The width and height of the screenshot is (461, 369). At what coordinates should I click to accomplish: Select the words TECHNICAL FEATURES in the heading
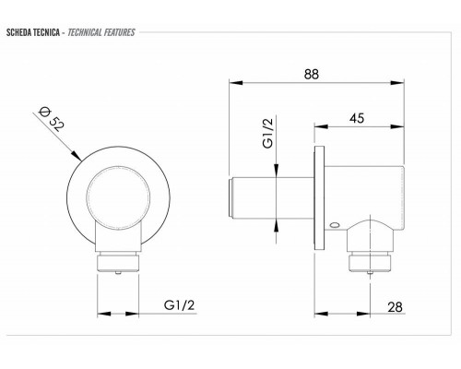click(x=101, y=32)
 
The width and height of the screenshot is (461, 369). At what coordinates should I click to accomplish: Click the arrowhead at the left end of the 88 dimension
click(x=232, y=85)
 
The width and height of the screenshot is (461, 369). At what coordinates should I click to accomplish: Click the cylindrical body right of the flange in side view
click(x=364, y=189)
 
